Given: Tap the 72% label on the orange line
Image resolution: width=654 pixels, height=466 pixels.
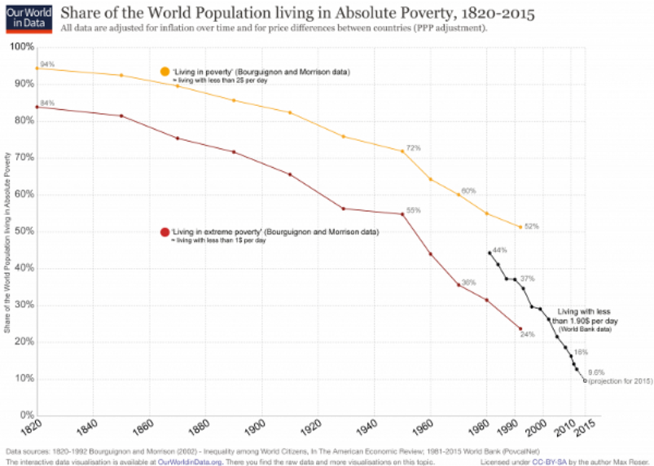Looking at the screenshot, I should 413,147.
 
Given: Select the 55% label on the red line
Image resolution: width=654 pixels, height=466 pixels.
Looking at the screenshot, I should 413,210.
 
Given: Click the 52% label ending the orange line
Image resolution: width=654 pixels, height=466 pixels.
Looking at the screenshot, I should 532,226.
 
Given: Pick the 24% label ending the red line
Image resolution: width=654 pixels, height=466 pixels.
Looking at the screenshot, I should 529,334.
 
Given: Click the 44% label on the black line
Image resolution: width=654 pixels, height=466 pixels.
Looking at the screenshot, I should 500,249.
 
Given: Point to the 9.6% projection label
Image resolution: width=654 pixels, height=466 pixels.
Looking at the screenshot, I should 595,371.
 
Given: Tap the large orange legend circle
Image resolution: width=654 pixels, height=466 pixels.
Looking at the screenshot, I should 165,73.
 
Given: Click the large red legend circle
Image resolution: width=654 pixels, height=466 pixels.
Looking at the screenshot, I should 165,233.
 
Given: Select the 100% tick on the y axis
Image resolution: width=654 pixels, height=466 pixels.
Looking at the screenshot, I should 22,46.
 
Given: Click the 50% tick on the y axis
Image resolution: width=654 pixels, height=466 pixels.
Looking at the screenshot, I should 24,231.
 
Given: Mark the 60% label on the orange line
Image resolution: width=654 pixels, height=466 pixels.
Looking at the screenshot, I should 468,190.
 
